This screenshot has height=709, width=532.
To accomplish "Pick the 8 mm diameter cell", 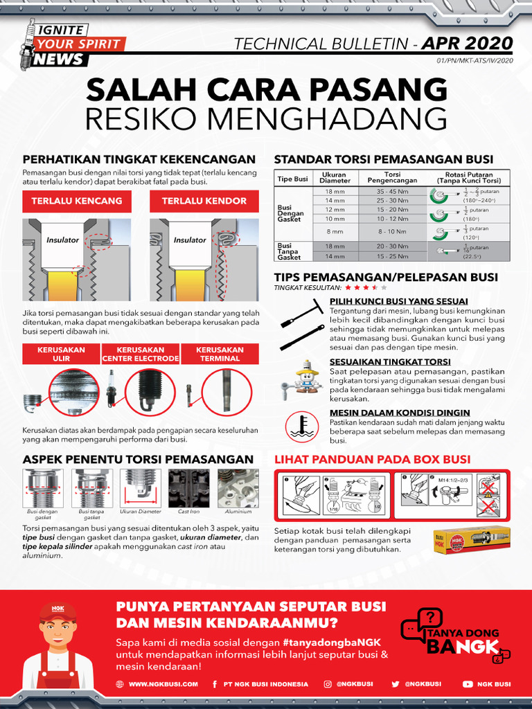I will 335,231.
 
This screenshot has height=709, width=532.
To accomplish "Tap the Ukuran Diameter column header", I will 335,178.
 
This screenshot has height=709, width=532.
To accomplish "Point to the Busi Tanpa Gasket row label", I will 289,251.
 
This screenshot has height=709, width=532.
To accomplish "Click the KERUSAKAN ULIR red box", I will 61,354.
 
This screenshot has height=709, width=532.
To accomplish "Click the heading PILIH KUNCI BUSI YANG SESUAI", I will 398,301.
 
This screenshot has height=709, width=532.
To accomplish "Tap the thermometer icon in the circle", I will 301,424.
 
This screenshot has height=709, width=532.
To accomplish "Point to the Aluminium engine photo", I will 238,488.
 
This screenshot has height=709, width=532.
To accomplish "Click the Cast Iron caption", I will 189,512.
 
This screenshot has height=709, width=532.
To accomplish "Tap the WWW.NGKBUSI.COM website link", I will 163,684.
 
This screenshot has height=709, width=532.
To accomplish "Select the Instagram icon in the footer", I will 328,684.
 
